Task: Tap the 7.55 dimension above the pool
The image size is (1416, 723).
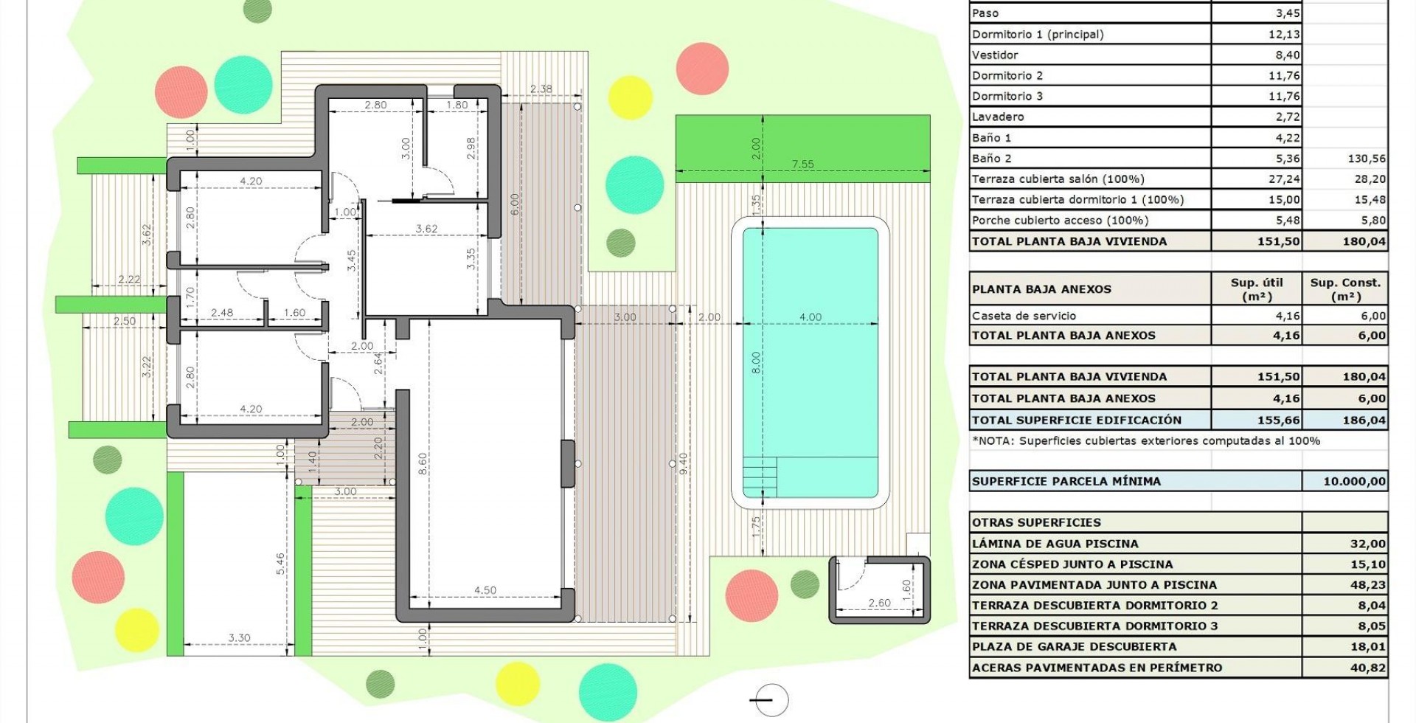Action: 802,165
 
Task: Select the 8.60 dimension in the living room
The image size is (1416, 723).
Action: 422,463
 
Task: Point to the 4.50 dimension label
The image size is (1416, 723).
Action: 485,590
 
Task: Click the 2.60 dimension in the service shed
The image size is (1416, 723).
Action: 879,603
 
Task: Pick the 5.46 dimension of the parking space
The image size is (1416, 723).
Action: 280,564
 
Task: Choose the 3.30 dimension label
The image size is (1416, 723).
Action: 239,638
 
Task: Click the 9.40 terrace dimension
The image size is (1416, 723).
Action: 683,463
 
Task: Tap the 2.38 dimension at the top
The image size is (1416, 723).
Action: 541,89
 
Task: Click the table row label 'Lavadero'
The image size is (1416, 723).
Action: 998,117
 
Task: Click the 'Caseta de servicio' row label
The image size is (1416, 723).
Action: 1024,316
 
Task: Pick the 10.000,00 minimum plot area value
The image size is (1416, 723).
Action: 1355,481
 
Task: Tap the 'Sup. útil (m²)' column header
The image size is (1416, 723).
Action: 1257,289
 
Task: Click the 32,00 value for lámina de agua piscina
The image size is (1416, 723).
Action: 1368,544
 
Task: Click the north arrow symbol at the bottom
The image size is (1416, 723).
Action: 769,699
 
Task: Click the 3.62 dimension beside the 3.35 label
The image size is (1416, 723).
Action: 426,229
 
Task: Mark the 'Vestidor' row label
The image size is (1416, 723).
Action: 995,55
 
